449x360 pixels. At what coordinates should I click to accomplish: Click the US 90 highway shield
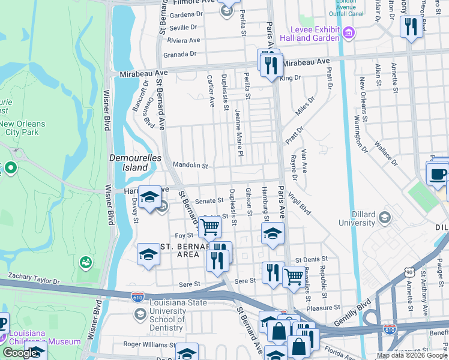[409, 273]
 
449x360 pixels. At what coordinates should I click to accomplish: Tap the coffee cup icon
[438, 174]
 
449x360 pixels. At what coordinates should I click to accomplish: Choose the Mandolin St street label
[190, 165]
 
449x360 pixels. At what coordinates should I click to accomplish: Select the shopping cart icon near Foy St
[209, 227]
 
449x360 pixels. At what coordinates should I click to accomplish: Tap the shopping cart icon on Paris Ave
[293, 276]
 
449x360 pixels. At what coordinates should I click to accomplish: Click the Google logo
[20, 353]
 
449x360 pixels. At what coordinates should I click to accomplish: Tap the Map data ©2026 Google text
[412, 355]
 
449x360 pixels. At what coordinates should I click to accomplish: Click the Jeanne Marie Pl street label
[238, 133]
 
